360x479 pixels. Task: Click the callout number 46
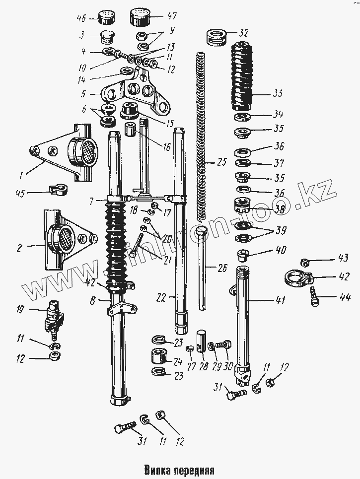[x=81, y=18]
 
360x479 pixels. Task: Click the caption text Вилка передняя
[x=179, y=469]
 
